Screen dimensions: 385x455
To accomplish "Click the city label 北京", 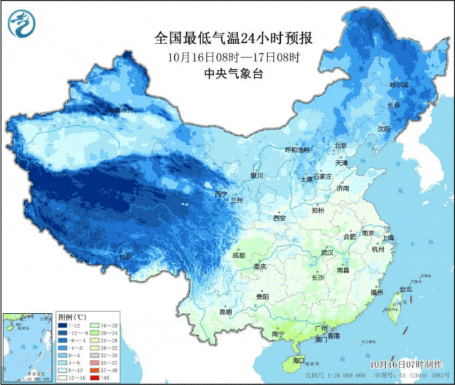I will [x=341, y=146].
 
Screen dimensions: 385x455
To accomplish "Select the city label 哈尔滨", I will [x=399, y=85].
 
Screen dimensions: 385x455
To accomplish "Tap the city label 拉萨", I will [x=125, y=257].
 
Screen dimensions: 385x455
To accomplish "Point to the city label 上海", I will [x=387, y=237].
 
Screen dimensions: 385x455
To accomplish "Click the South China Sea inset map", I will [x=26, y=347].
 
